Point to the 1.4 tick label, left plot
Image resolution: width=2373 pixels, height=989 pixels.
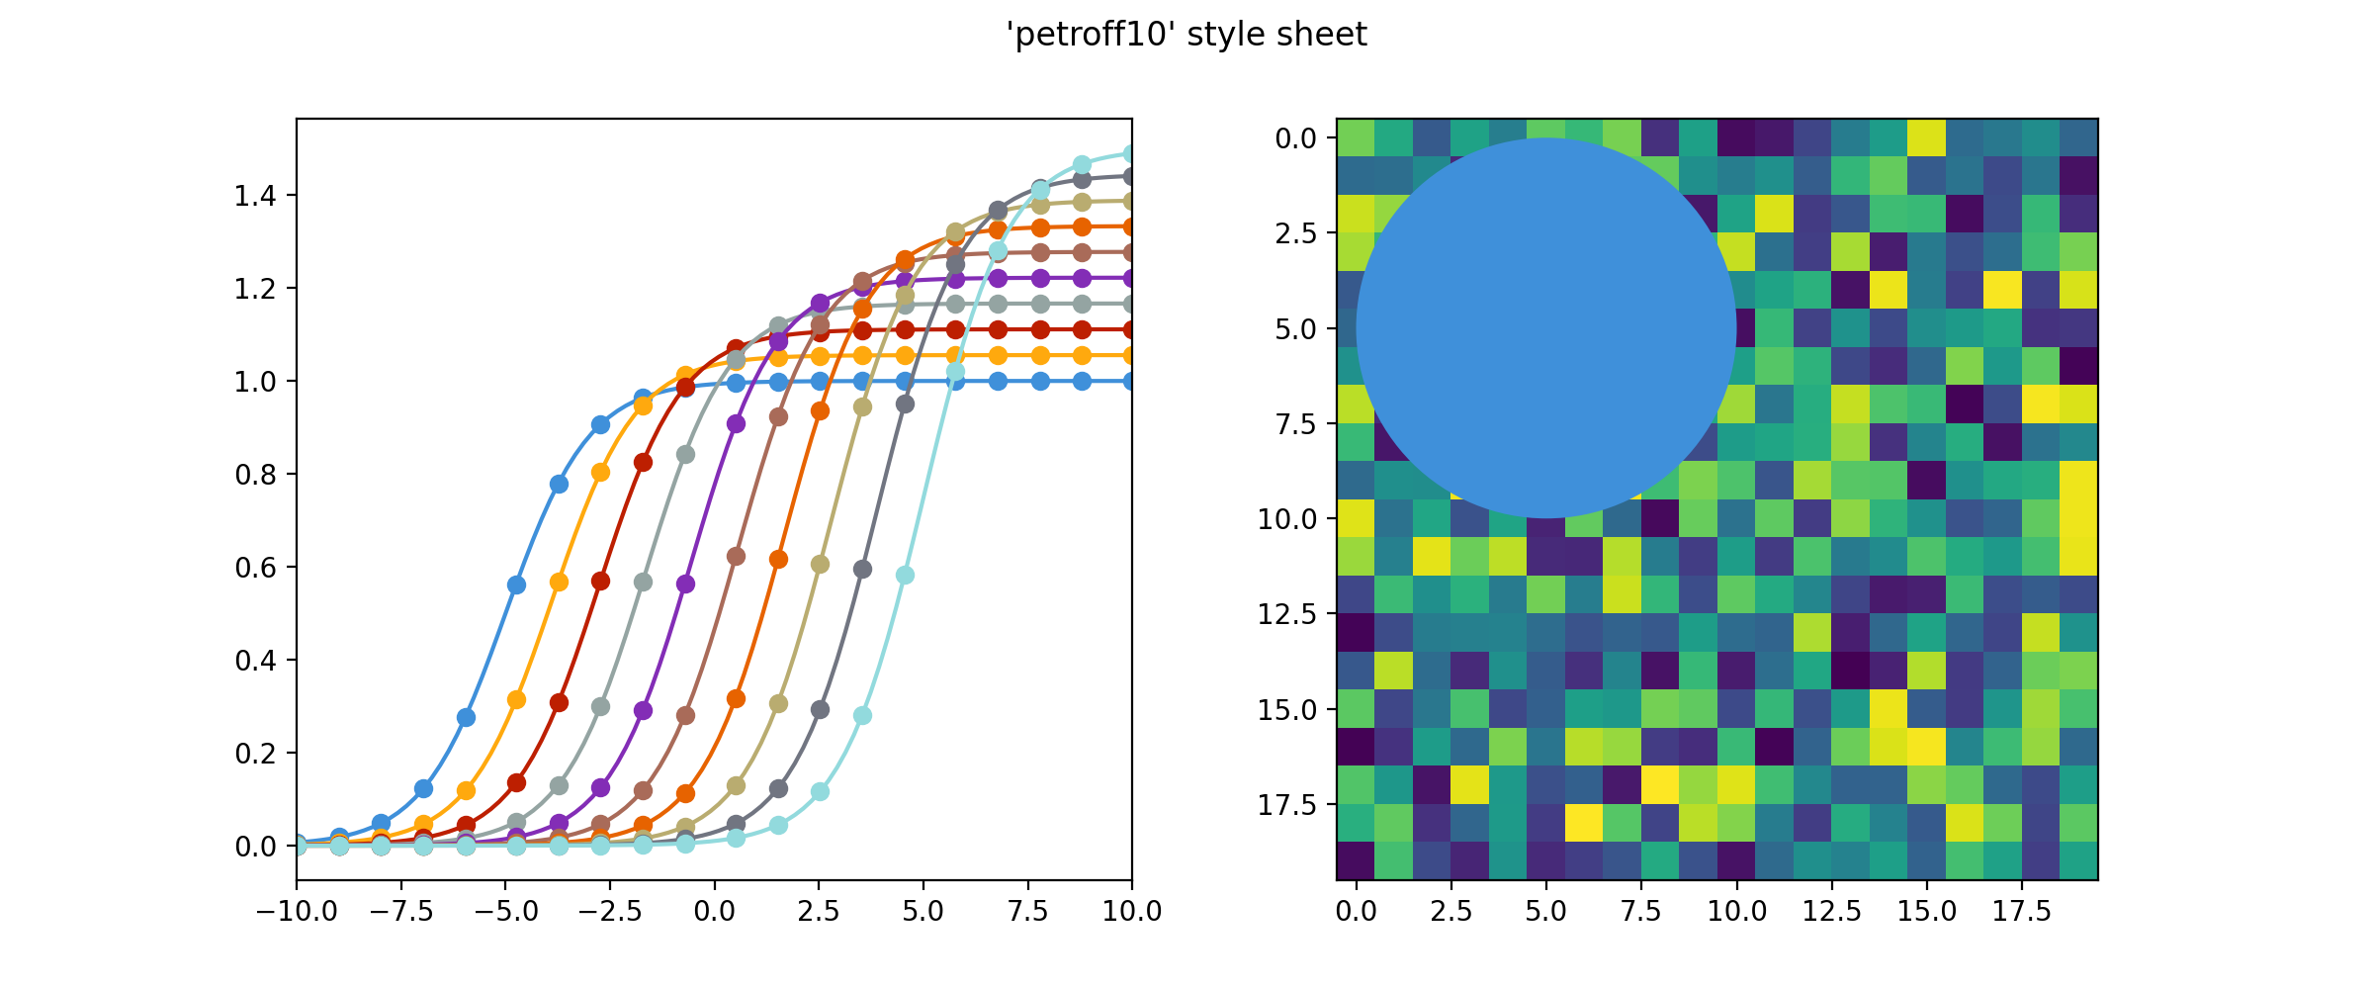point(254,196)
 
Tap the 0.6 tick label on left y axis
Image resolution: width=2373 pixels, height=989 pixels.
point(254,568)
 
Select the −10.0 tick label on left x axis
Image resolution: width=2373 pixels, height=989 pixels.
point(296,912)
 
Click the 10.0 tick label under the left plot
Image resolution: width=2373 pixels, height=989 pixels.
point(1131,912)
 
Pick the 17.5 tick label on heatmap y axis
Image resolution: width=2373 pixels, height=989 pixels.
point(1287,805)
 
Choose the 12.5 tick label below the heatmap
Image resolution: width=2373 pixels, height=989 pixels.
point(1831,912)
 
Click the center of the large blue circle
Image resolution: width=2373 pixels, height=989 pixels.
point(1546,328)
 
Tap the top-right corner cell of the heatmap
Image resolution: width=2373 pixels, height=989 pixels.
point(2079,137)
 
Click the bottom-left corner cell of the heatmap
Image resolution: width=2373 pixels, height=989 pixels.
point(1356,861)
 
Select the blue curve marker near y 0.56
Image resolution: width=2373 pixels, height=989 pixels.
point(516,584)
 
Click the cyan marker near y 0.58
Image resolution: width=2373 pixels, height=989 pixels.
point(904,575)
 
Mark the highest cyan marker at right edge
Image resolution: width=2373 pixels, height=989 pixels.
point(1129,154)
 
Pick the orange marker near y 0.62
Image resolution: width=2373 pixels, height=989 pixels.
point(778,559)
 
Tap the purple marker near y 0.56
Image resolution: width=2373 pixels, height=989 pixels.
point(685,584)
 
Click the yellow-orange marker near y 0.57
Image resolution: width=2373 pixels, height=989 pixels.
point(559,582)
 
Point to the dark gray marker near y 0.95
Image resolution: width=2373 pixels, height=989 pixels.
point(904,404)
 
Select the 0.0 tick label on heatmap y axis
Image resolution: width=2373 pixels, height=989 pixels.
point(1295,138)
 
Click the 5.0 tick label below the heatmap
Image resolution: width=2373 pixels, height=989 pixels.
point(1545,912)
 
